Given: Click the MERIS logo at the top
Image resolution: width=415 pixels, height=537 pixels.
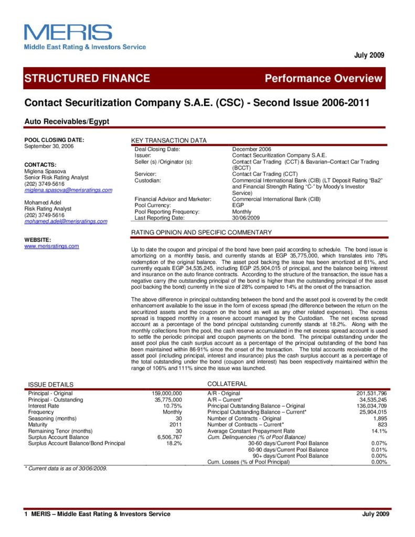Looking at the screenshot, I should click(x=68, y=33).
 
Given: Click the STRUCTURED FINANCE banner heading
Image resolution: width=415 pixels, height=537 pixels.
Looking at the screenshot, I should click(x=87, y=79).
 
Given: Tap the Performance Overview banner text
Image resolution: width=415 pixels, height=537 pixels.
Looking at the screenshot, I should click(x=324, y=79).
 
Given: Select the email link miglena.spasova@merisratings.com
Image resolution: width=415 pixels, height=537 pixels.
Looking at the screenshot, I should click(x=68, y=190).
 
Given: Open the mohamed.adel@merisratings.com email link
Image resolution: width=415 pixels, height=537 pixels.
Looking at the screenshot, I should click(x=66, y=221).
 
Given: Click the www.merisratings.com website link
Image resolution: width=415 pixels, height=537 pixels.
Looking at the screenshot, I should click(x=52, y=246).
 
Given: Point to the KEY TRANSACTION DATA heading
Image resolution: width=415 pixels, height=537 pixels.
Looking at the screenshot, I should click(x=168, y=141).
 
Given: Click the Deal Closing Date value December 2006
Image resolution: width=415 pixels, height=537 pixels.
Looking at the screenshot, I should click(x=252, y=149).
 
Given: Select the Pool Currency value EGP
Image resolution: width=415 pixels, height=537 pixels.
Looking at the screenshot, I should click(x=238, y=205).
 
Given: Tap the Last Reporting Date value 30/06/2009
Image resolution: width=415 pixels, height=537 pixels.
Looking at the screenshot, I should click(x=246, y=218).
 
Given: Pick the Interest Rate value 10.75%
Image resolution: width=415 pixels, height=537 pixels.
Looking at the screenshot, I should click(x=173, y=405).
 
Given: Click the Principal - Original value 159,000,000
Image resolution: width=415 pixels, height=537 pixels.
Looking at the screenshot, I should click(x=166, y=393).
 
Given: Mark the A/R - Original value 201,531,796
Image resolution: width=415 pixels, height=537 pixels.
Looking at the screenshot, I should click(x=371, y=393).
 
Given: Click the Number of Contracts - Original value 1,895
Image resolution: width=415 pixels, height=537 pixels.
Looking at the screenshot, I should click(x=379, y=418).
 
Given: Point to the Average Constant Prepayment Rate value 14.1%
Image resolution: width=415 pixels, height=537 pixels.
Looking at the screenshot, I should click(x=379, y=431).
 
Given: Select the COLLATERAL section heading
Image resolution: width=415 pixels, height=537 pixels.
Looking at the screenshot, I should click(x=227, y=384).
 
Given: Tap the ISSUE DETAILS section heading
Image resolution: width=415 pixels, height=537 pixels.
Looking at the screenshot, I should click(x=51, y=384).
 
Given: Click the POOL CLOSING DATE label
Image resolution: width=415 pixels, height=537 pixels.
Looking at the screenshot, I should click(x=55, y=139).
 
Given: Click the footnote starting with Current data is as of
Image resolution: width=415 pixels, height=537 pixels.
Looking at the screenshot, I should click(x=66, y=468).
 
